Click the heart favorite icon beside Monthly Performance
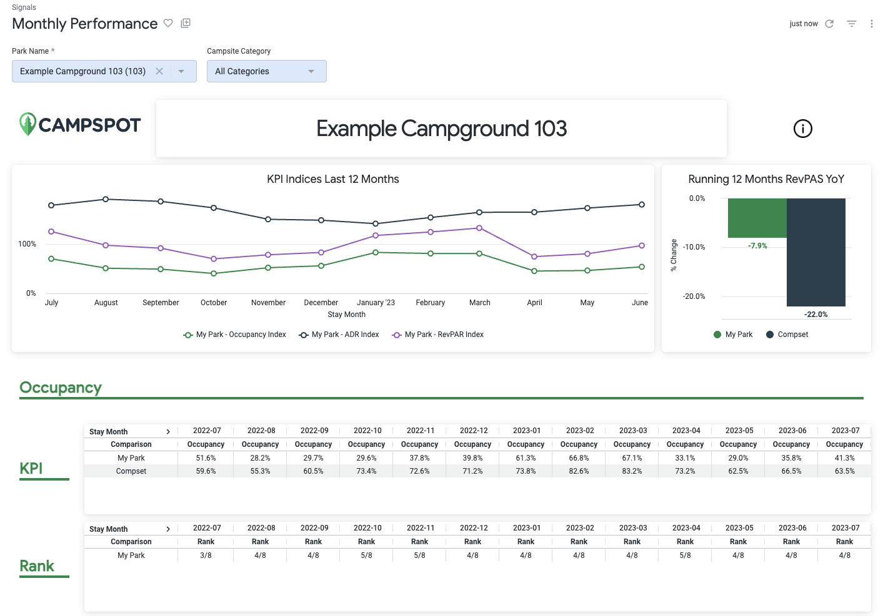click(x=168, y=23)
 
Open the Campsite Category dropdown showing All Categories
click(x=266, y=71)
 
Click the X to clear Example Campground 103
click(x=159, y=71)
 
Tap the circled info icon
click(x=802, y=129)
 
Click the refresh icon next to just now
click(x=829, y=24)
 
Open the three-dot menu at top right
click(x=871, y=24)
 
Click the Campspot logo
click(x=80, y=124)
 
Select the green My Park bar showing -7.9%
click(x=757, y=218)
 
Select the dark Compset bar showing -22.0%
click(x=816, y=252)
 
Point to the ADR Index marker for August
click(x=106, y=199)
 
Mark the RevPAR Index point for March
click(x=479, y=228)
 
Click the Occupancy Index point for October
click(x=214, y=273)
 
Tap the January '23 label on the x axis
click(x=376, y=303)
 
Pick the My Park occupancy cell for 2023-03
click(x=632, y=458)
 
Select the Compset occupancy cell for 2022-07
click(x=206, y=471)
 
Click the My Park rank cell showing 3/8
click(x=206, y=555)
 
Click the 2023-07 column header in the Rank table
click(x=845, y=528)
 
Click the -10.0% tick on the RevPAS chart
click(x=694, y=247)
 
